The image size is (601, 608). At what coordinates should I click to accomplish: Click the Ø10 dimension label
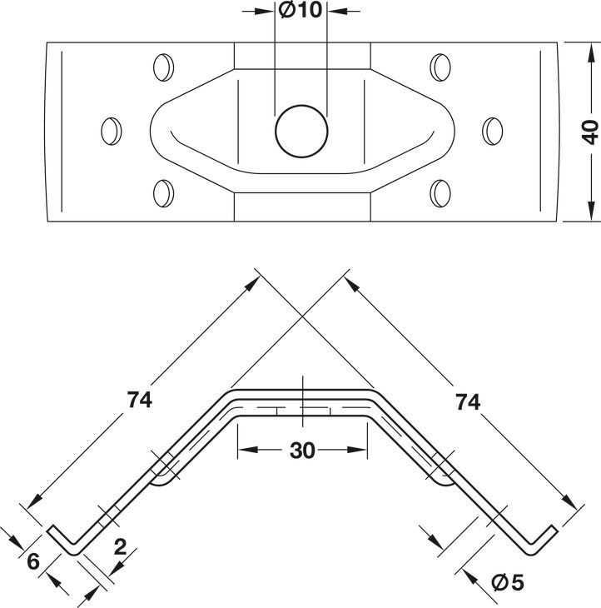300,11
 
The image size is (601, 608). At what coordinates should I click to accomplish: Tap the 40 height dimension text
590,132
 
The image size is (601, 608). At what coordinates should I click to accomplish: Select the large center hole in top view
301,131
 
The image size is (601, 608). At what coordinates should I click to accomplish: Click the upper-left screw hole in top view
163,67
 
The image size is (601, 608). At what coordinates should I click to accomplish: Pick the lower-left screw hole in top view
163,193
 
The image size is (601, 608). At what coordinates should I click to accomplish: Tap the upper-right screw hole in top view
440,67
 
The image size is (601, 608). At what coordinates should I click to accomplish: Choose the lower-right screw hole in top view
440,193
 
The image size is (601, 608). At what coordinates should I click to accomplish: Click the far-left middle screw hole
112,131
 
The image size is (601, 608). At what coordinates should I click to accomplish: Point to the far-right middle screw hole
493,131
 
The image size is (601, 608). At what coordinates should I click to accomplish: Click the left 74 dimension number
140,400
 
